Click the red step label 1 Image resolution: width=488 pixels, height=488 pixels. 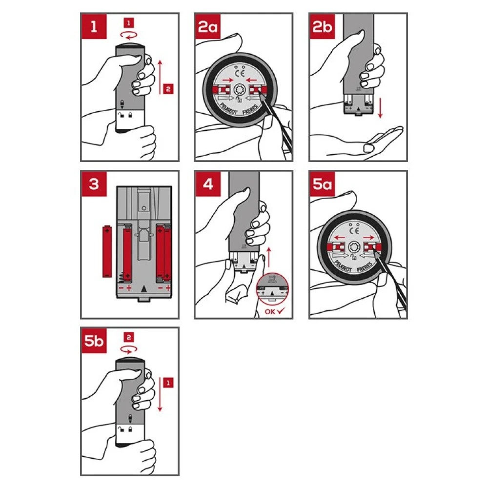(x=94, y=26)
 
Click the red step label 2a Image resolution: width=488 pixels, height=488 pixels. (x=207, y=26)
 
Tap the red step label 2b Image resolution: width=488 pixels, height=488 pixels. (x=322, y=26)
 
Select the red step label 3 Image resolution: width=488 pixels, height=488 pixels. (x=94, y=183)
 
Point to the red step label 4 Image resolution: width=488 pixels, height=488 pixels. (x=208, y=183)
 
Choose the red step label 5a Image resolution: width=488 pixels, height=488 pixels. (x=322, y=183)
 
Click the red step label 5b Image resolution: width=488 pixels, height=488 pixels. (x=94, y=341)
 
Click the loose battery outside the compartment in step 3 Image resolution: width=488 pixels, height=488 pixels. (x=107, y=251)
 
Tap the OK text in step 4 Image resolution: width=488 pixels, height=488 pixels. (x=270, y=311)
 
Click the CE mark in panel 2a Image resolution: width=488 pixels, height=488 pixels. (x=240, y=74)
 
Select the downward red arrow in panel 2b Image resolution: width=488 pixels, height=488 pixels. (x=380, y=108)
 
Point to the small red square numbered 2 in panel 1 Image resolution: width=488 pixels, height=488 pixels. (x=168, y=89)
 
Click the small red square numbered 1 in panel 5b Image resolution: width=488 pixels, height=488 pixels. (x=168, y=383)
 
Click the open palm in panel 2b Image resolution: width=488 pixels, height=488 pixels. (x=383, y=139)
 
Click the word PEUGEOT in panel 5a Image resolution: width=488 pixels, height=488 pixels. (x=343, y=267)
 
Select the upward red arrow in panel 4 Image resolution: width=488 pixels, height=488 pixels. (x=269, y=257)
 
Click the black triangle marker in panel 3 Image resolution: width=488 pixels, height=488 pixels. (x=144, y=289)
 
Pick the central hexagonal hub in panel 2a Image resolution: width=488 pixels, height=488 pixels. (x=240, y=90)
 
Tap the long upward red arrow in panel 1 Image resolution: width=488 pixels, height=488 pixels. (x=160, y=77)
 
